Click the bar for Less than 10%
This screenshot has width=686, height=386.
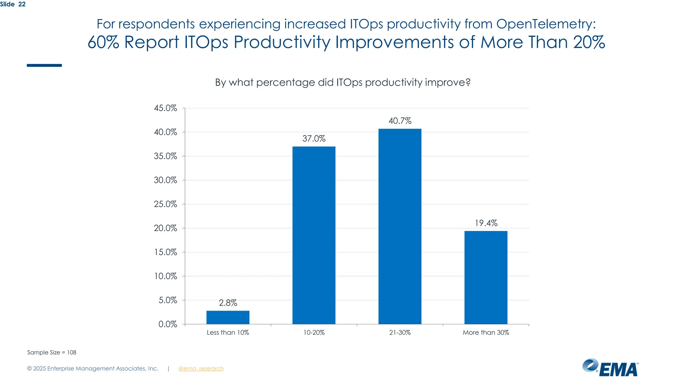228,317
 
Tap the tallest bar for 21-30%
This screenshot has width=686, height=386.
400,227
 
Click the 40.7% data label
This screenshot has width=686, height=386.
400,121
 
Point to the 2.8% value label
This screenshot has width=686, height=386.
228,303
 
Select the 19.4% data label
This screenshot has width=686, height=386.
486,223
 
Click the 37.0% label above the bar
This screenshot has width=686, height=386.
314,139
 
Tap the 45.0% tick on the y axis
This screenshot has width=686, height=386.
165,108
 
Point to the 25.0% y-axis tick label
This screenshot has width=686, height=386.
165,204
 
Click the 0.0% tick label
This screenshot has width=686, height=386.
167,324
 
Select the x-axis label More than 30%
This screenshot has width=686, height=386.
486,332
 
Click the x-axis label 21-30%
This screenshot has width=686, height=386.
400,332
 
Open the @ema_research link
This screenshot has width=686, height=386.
201,369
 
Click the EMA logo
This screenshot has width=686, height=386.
610,368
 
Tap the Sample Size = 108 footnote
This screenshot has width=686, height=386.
52,352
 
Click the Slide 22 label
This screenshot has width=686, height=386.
13,4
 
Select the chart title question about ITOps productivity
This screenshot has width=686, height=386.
343,82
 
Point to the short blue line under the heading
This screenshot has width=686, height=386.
44,65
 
